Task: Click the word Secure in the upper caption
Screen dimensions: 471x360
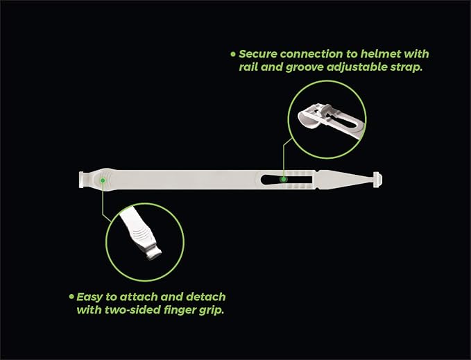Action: pyautogui.click(x=258, y=54)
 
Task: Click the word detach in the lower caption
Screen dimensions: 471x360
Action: pyautogui.click(x=206, y=297)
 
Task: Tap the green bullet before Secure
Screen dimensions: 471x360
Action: pyautogui.click(x=233, y=54)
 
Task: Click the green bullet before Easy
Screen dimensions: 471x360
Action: pyautogui.click(x=71, y=297)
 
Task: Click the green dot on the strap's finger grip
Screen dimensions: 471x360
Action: pyautogui.click(x=103, y=180)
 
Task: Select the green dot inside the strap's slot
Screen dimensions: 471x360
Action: pyautogui.click(x=283, y=179)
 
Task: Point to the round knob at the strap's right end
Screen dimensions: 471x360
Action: pyautogui.click(x=377, y=180)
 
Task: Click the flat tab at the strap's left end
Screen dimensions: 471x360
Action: pyautogui.click(x=81, y=180)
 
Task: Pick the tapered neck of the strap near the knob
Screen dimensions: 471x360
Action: pyautogui.click(x=345, y=180)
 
